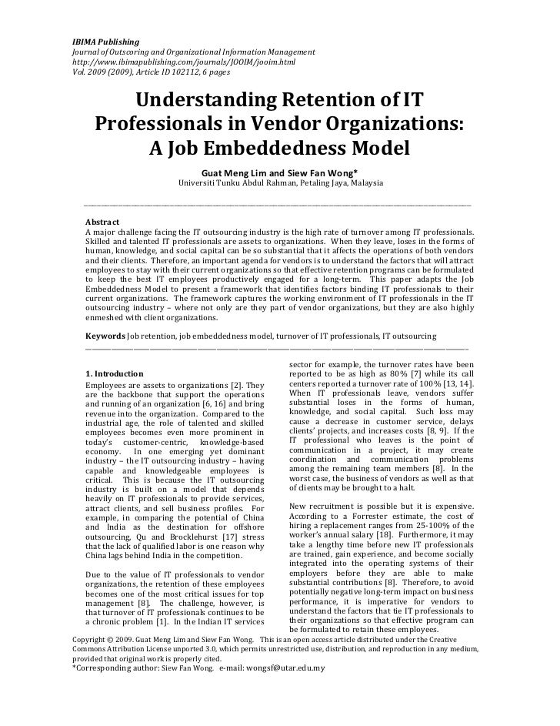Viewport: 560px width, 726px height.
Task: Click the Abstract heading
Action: click(102, 222)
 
